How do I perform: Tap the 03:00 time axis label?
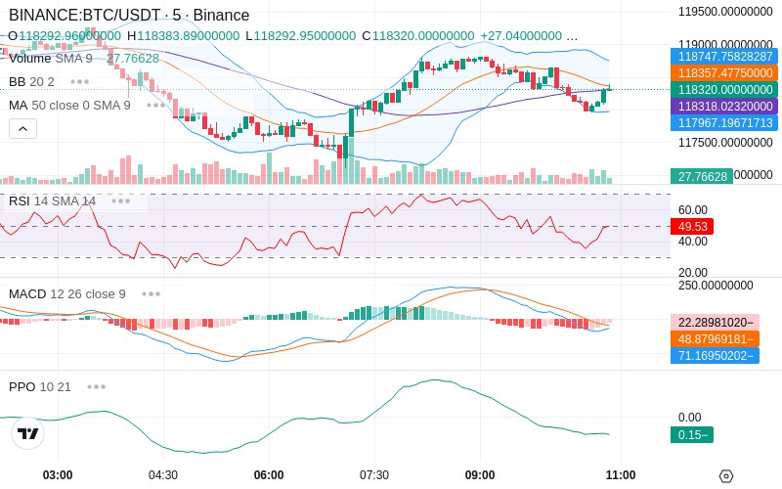tap(58, 475)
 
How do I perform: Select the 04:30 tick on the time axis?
tap(162, 475)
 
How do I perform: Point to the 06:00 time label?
tap(269, 475)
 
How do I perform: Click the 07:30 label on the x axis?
tap(374, 475)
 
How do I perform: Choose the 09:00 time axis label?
tap(480, 475)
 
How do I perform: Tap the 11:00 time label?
tap(621, 475)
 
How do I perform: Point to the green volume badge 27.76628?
tap(701, 176)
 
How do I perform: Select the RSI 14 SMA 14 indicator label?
tap(53, 200)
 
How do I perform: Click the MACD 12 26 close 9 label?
tap(67, 293)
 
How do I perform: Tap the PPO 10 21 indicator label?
tap(40, 386)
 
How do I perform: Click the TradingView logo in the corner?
tap(28, 433)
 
